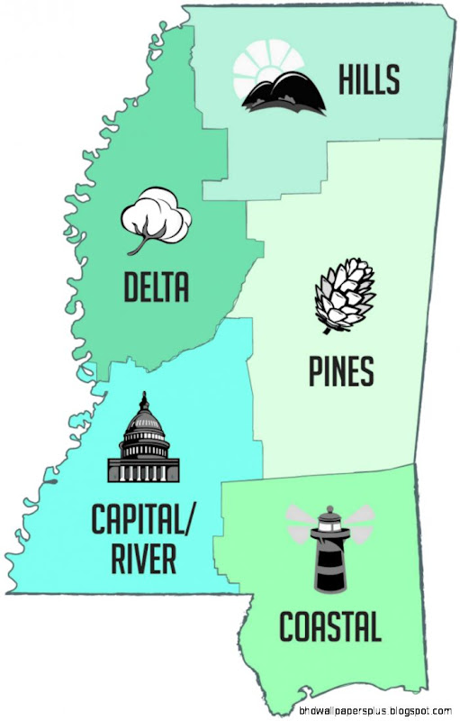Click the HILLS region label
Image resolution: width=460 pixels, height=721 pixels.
[368, 80]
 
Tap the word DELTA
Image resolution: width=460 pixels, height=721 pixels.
[157, 287]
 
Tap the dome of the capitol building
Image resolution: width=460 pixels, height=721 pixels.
[143, 420]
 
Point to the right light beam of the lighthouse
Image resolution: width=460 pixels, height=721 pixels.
[357, 516]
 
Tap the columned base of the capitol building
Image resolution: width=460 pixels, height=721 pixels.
[143, 467]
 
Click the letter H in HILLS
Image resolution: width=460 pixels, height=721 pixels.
[347, 80]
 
